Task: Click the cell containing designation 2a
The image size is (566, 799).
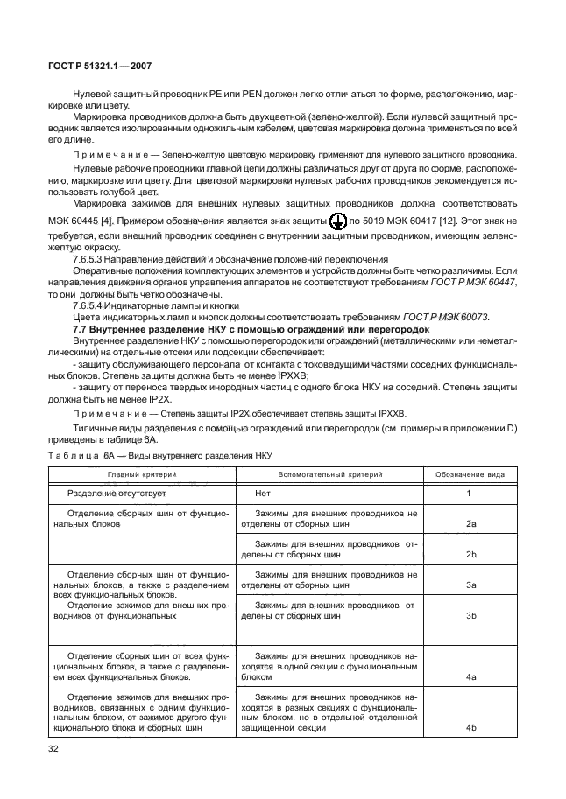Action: (470, 523)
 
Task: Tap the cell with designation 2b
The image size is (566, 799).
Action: (470, 555)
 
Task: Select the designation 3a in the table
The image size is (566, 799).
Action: (470, 584)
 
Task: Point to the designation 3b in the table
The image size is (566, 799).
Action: (470, 616)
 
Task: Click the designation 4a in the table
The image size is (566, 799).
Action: (470, 677)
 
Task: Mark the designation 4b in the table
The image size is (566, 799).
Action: (470, 728)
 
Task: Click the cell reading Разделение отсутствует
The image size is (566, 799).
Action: (117, 494)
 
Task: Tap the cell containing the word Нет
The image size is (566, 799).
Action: (263, 494)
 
